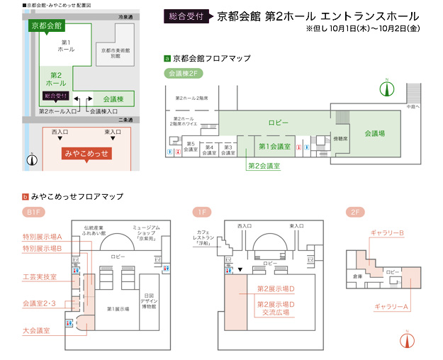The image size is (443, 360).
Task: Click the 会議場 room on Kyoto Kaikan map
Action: [374, 133]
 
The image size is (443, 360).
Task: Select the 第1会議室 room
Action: [274, 147]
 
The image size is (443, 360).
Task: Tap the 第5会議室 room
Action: [191, 148]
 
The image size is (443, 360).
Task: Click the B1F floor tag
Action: [32, 212]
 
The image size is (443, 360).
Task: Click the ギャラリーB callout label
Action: [387, 232]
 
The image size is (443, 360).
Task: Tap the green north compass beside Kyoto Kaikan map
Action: [386, 88]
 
